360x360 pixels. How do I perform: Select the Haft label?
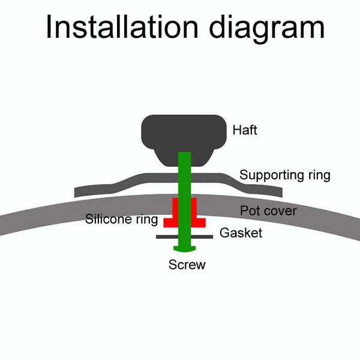point(244,130)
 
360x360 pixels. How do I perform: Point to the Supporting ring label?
point(285,175)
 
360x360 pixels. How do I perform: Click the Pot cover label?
point(268,211)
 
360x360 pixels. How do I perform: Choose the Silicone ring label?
point(121,220)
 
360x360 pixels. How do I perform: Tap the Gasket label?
point(241,233)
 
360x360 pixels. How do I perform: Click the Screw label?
point(187,265)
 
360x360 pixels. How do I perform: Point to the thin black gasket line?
point(165,237)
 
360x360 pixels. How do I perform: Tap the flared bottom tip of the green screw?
point(184,248)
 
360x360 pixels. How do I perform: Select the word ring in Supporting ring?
point(318,175)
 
